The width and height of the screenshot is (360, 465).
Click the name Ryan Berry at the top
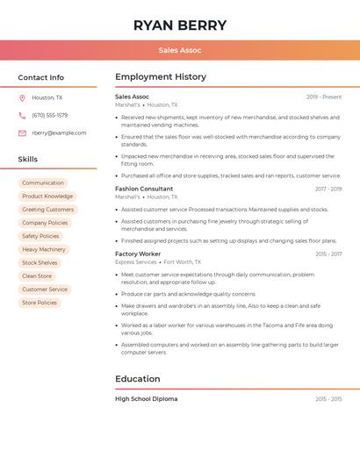(180, 25)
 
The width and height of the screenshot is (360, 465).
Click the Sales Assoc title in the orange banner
(180, 50)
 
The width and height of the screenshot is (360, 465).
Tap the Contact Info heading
(41, 77)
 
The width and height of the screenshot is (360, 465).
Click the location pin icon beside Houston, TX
(22, 98)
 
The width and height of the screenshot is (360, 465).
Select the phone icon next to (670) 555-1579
(22, 116)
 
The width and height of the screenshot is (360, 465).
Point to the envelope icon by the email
(22, 133)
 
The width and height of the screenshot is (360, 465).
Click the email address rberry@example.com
(59, 133)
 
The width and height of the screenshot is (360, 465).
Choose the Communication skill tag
(43, 183)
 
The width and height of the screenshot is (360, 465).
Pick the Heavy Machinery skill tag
(44, 249)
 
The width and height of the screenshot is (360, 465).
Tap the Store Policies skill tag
(40, 303)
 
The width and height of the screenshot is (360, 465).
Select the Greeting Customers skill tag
(47, 210)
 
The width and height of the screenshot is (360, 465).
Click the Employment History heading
(161, 77)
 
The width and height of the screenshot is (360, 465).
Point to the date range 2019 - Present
(324, 97)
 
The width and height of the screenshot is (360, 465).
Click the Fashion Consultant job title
(144, 189)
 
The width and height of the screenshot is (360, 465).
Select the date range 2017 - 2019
(328, 189)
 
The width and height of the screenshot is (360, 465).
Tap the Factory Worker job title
(138, 254)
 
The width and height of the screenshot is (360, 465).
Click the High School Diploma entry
(146, 399)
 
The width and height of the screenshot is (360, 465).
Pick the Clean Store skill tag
(37, 275)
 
